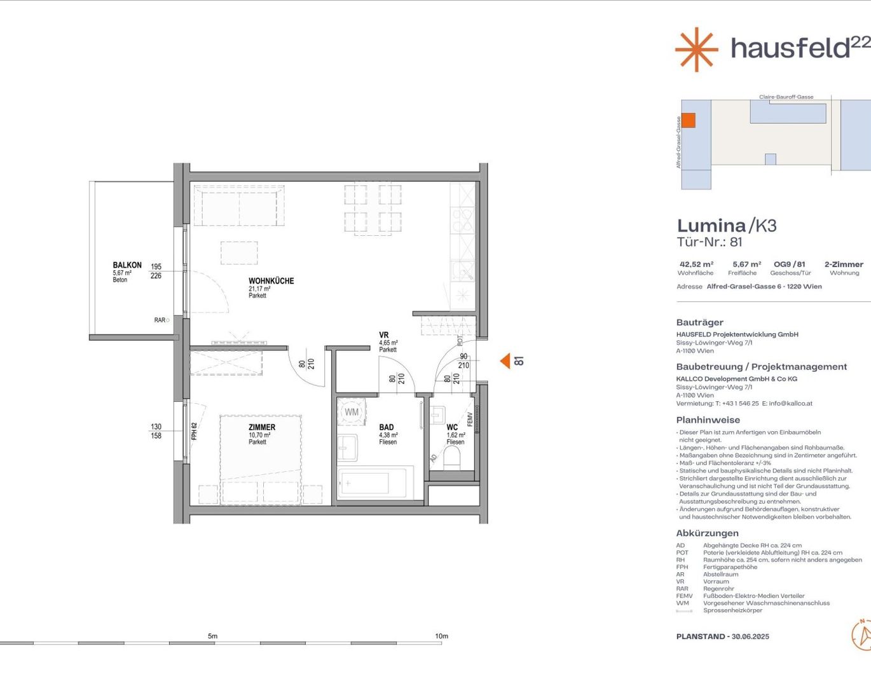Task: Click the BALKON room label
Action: [x=127, y=265]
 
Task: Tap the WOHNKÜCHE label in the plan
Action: [x=271, y=281]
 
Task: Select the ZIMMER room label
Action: [x=262, y=427]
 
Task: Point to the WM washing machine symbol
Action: [x=352, y=411]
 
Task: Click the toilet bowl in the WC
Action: [x=453, y=458]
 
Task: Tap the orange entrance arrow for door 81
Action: [x=505, y=361]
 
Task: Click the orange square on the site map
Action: [x=689, y=120]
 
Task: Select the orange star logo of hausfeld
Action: [x=697, y=50]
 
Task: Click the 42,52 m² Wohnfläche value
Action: [x=696, y=264]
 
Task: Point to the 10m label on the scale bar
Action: [x=441, y=636]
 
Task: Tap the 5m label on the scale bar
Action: [x=212, y=636]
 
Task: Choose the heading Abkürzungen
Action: [x=707, y=533]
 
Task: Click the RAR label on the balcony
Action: [x=160, y=320]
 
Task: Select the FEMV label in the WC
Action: [x=470, y=420]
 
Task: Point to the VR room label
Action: [x=383, y=335]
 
